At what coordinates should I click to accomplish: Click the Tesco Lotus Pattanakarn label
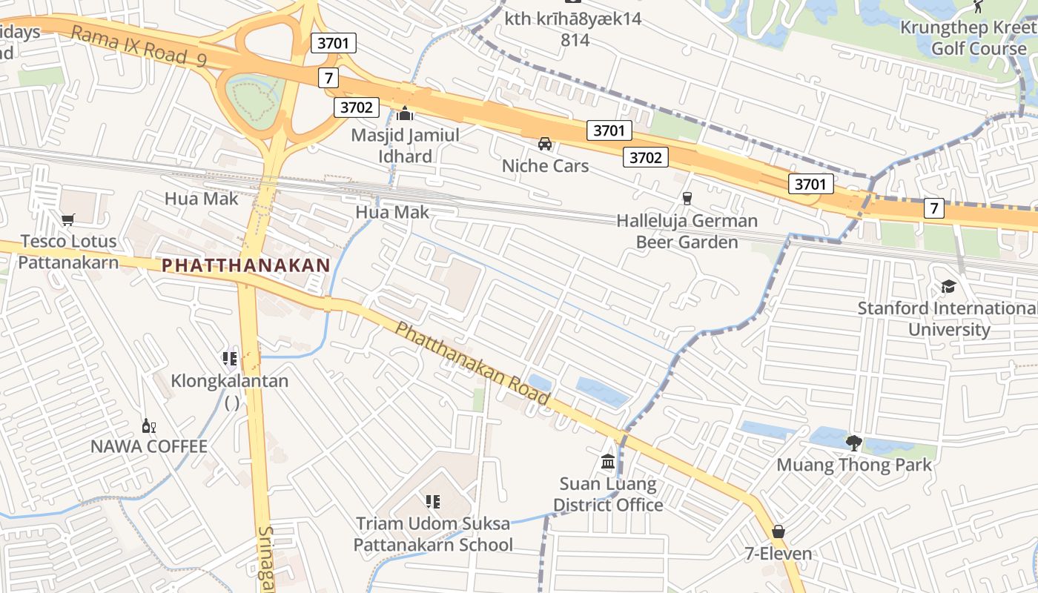[x=68, y=251]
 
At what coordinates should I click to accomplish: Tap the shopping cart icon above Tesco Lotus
[x=68, y=219]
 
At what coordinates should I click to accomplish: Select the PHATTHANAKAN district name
[x=245, y=265]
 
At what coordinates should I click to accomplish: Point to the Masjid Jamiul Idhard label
[x=405, y=145]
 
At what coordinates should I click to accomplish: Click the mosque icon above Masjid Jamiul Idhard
[x=405, y=114]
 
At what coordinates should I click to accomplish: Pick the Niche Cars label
[x=545, y=165]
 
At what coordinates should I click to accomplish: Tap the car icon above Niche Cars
[x=545, y=143]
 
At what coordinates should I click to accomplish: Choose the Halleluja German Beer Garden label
[x=687, y=231]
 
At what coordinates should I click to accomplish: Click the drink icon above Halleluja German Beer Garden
[x=687, y=199]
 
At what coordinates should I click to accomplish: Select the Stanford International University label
[x=948, y=319]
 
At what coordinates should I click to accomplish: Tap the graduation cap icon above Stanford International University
[x=948, y=286]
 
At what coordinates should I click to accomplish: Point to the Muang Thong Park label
[x=853, y=466]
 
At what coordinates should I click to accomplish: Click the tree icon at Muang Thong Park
[x=853, y=443]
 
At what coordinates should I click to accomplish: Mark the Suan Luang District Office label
[x=608, y=494]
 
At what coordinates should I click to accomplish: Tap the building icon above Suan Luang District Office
[x=608, y=462]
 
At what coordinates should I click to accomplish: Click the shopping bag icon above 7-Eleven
[x=778, y=531]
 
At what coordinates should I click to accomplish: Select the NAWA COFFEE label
[x=149, y=446]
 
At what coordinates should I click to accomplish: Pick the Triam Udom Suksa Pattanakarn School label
[x=433, y=534]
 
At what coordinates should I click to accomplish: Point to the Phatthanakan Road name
[x=472, y=364]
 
